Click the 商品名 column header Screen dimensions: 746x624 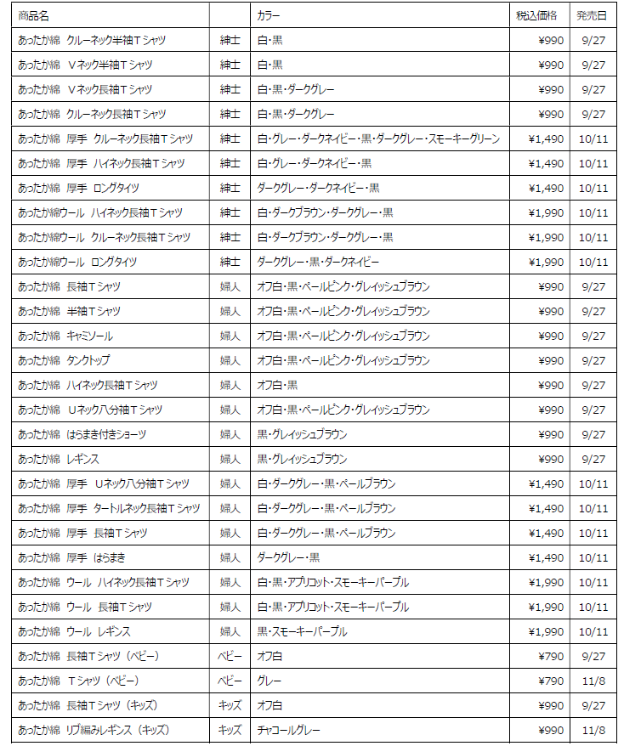pyautogui.click(x=33, y=15)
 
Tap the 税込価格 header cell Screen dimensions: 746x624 pyautogui.click(x=536, y=15)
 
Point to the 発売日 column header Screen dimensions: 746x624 pyautogui.click(x=591, y=15)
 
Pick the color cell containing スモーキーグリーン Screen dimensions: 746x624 pyautogui.click(x=378, y=138)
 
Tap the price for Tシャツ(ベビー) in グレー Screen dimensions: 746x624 pyautogui.click(x=551, y=681)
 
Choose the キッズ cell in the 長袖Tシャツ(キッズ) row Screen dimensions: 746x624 pyautogui.click(x=230, y=705)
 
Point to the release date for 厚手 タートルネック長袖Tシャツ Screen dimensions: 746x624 pyautogui.click(x=593, y=508)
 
